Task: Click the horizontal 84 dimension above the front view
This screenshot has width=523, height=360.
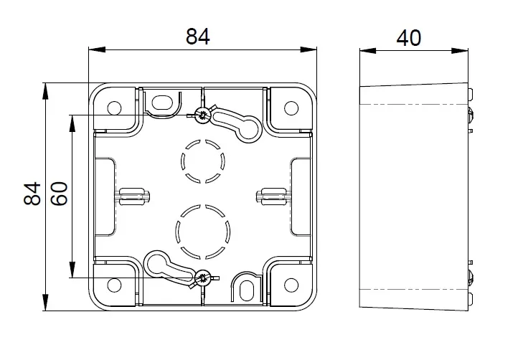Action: click(x=198, y=37)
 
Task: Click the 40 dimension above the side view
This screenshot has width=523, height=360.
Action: click(x=409, y=38)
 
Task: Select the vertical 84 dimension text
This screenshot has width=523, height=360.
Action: click(x=32, y=194)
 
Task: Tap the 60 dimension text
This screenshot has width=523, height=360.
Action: click(x=60, y=194)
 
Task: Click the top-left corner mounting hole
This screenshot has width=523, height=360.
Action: click(x=114, y=108)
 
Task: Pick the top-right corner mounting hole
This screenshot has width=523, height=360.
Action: click(x=291, y=108)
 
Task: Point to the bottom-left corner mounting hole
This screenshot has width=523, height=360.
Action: click(x=114, y=285)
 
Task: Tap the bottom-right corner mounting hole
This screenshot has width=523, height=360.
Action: click(x=291, y=285)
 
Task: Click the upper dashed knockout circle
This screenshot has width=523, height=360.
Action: click(x=203, y=161)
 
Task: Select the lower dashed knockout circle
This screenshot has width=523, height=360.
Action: click(x=203, y=232)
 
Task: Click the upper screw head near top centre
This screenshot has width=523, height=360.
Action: click(x=202, y=115)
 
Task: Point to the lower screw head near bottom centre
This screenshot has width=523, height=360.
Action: click(x=202, y=278)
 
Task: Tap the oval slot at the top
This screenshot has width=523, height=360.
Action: click(x=162, y=103)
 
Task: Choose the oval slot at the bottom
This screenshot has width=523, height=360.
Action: click(x=247, y=290)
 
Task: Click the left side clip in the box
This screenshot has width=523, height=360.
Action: click(x=132, y=196)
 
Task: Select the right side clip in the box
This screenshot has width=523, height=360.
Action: click(x=273, y=196)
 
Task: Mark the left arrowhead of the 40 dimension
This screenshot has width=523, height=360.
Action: click(x=368, y=51)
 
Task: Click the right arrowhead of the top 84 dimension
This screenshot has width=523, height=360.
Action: click(x=308, y=49)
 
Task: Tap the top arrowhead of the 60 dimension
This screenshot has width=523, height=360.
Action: click(x=72, y=123)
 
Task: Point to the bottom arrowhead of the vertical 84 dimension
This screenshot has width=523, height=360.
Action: click(x=45, y=303)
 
